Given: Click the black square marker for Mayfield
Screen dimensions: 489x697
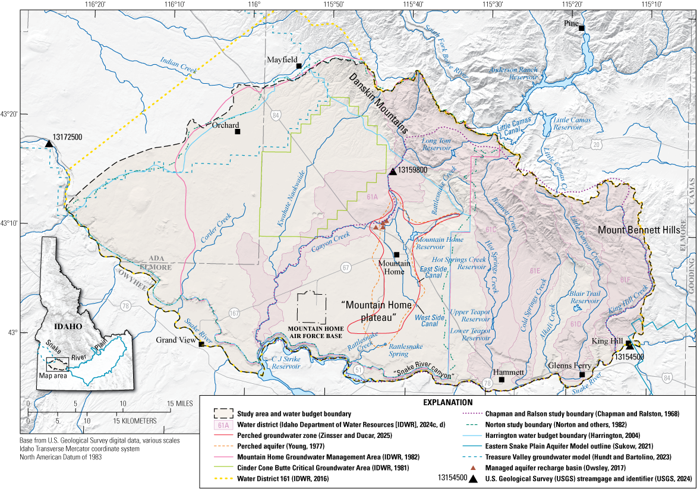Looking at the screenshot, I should [x=299, y=66].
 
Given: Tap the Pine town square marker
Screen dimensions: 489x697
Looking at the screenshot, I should [x=582, y=29].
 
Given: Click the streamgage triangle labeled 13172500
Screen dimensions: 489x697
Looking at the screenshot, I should [x=49, y=144].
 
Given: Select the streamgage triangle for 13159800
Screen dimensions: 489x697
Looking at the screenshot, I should [x=392, y=171].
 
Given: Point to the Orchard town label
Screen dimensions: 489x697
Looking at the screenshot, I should [x=226, y=125].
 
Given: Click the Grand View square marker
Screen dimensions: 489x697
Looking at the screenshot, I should [x=202, y=344].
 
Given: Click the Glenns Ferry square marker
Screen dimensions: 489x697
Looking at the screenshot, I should [x=582, y=375].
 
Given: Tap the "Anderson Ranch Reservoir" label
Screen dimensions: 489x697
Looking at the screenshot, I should [x=513, y=73].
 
